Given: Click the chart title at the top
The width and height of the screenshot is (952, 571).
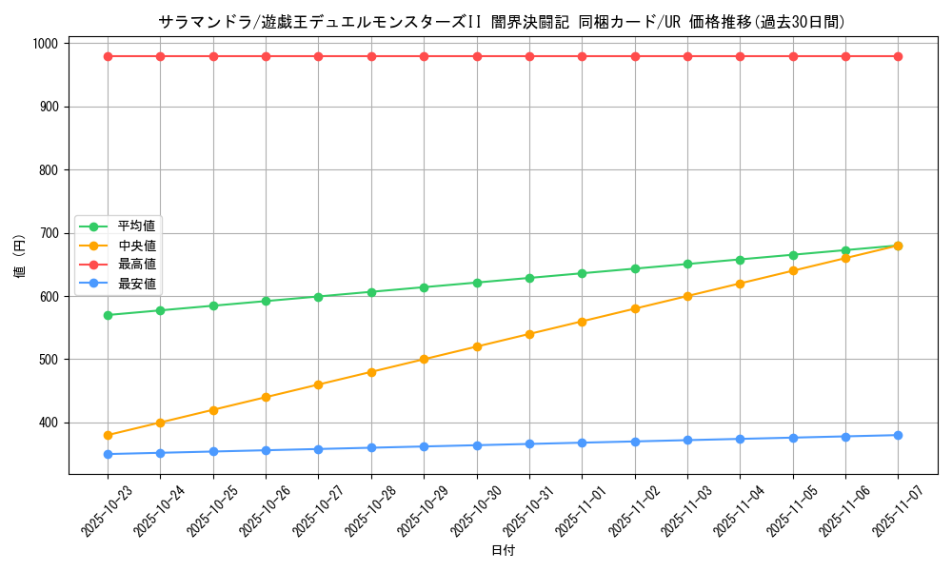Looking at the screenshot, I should [x=502, y=22].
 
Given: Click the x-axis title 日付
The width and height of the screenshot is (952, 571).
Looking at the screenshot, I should [x=502, y=551].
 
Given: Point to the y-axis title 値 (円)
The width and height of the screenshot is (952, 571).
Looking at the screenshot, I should [x=19, y=258].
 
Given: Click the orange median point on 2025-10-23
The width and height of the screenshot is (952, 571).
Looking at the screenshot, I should [x=108, y=435].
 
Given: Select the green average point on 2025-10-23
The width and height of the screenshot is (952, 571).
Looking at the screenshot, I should [x=108, y=315].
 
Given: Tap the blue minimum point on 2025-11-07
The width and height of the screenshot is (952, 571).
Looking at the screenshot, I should [x=898, y=435].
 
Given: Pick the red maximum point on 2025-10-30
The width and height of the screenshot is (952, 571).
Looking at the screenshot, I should [x=477, y=56].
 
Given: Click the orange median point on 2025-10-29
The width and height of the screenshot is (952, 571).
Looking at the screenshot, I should [x=424, y=360].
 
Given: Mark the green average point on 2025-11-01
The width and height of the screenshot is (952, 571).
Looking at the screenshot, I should [x=582, y=273].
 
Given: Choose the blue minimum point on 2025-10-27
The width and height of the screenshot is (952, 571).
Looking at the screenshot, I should [x=318, y=449].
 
